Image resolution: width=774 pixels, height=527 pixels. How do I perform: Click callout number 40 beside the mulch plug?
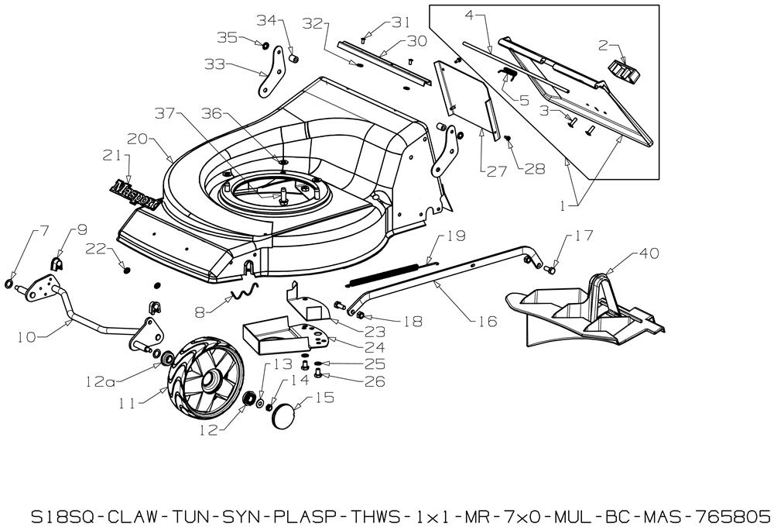649,253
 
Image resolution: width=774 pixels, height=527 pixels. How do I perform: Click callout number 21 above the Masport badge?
112,157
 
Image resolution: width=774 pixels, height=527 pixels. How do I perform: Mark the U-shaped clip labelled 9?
57,264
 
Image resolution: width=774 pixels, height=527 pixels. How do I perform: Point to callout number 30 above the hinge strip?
416,40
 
